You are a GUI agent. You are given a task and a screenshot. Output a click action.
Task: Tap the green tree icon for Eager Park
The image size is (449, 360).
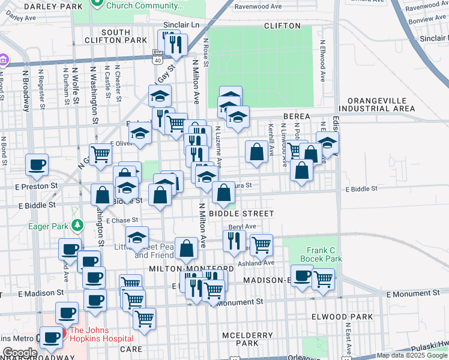pos(77,226)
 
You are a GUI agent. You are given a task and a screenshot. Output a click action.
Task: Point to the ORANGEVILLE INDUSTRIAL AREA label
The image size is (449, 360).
pos(376,104)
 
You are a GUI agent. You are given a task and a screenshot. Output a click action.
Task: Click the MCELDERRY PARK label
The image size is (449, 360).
pos(239,338)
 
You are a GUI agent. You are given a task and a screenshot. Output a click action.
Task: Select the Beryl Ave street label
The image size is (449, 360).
pos(242,227)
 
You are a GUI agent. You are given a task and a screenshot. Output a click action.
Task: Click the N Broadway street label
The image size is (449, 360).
pos(26,90)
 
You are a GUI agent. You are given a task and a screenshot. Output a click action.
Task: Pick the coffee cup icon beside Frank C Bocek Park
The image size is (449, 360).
pos(302,275)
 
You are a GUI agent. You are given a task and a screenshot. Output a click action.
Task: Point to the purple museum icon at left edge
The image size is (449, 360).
pos(4,60)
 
